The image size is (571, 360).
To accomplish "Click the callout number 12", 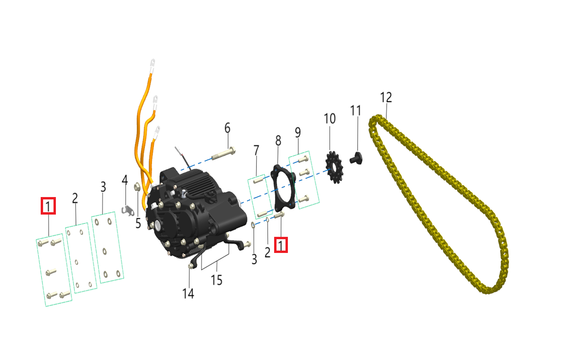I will tap(386, 98).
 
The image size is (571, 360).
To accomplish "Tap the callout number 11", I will tap(356, 111).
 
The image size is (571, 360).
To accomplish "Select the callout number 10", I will tap(330, 118).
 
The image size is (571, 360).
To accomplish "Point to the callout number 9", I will tap(298, 133).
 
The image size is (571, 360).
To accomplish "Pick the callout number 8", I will tap(278, 141).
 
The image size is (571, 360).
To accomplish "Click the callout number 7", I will tap(256, 151).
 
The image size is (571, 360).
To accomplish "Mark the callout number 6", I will tap(227, 128).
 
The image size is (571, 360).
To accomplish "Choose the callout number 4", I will tap(125, 180).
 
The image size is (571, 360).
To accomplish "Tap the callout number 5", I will tap(138, 223).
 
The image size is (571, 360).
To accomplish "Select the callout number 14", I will tap(188, 294).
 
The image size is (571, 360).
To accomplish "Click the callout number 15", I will tap(216, 280).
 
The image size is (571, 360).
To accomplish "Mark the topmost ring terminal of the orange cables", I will tap(153, 62).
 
